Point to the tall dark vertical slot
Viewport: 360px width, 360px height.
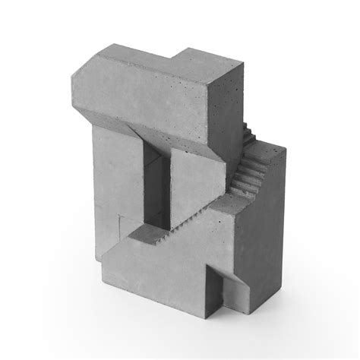click(x=154, y=190)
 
